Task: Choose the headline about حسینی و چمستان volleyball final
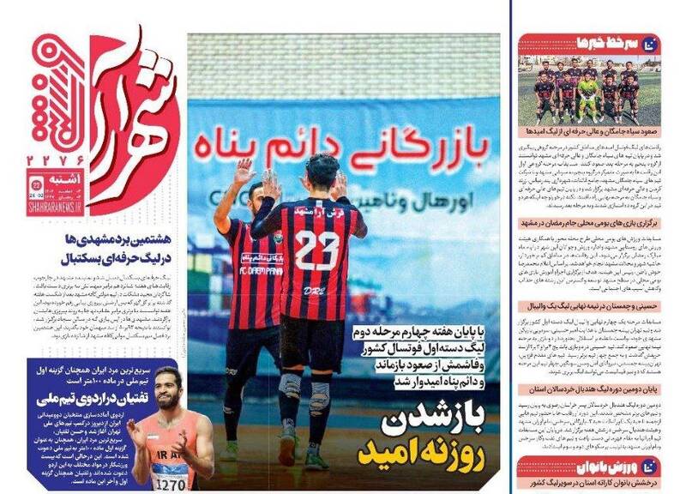(x=601, y=304)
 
